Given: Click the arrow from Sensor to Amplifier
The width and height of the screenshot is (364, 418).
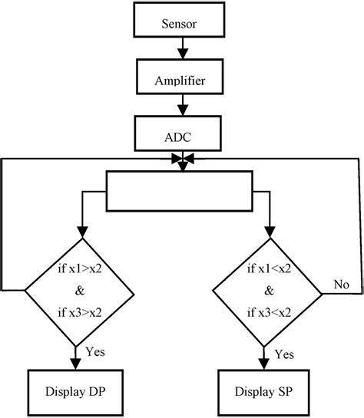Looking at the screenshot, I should (x=180, y=53).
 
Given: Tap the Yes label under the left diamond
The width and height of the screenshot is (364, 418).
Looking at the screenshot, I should (x=94, y=354).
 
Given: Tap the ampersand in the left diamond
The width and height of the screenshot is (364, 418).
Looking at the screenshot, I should (x=77, y=291).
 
